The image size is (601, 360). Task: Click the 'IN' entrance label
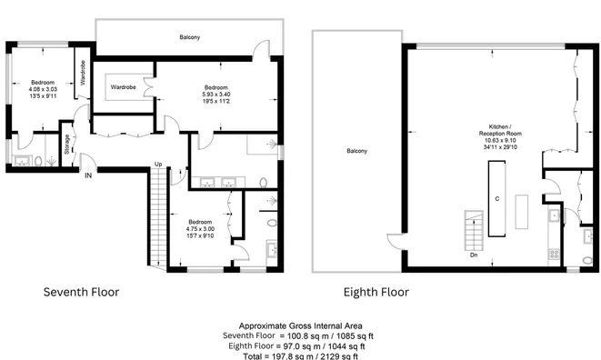point(88,175)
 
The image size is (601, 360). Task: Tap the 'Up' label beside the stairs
point(158,164)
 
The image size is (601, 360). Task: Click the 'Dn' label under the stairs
point(474,255)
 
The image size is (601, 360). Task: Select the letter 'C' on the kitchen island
point(497,199)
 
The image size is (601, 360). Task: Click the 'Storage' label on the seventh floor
point(67,145)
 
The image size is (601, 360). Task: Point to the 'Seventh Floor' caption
point(81,292)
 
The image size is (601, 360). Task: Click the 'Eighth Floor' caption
point(376,293)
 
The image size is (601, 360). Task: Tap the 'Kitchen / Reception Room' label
point(500,130)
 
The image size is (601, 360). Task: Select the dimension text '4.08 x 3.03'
point(43,89)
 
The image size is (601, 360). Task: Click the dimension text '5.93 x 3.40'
point(216,95)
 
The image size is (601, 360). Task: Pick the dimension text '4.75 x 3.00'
point(200,229)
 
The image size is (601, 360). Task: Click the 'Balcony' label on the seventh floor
point(190,37)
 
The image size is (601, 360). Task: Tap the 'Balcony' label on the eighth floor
point(356,151)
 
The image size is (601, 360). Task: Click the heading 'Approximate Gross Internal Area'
point(300,325)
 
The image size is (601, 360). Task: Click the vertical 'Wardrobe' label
point(83,73)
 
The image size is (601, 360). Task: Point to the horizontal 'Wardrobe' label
point(123,87)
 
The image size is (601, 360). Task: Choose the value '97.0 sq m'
point(295,346)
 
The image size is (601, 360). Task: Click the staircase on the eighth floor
point(474,230)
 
